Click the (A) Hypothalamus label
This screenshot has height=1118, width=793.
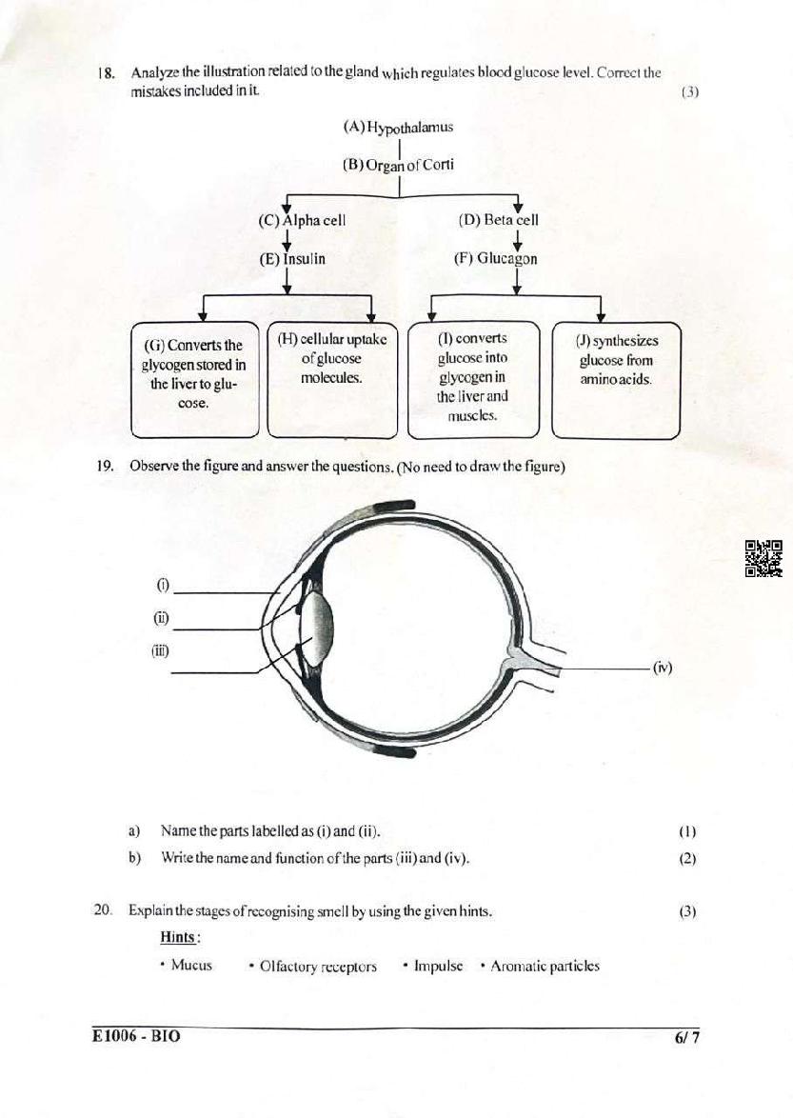click(398, 128)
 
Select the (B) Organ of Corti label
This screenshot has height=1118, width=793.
click(398, 165)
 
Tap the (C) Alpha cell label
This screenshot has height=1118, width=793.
click(302, 220)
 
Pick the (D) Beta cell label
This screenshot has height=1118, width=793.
click(498, 220)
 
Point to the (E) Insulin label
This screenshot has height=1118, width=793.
click(292, 259)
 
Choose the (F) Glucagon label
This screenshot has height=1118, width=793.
click(496, 259)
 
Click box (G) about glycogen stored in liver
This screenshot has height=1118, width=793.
click(194, 380)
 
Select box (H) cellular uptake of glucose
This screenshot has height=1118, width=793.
click(332, 379)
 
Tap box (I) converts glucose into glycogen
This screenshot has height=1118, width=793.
click(472, 379)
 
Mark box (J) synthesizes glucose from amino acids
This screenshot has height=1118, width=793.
click(616, 379)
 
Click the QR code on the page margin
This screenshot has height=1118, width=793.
click(763, 558)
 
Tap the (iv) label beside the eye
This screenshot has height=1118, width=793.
click(663, 668)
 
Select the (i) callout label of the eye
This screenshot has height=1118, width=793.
click(163, 586)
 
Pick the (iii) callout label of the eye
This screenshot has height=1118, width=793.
click(160, 650)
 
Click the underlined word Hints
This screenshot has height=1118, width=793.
click(180, 937)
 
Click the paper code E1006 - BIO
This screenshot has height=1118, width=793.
click(136, 1037)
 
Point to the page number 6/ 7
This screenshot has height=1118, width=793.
click(686, 1037)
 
